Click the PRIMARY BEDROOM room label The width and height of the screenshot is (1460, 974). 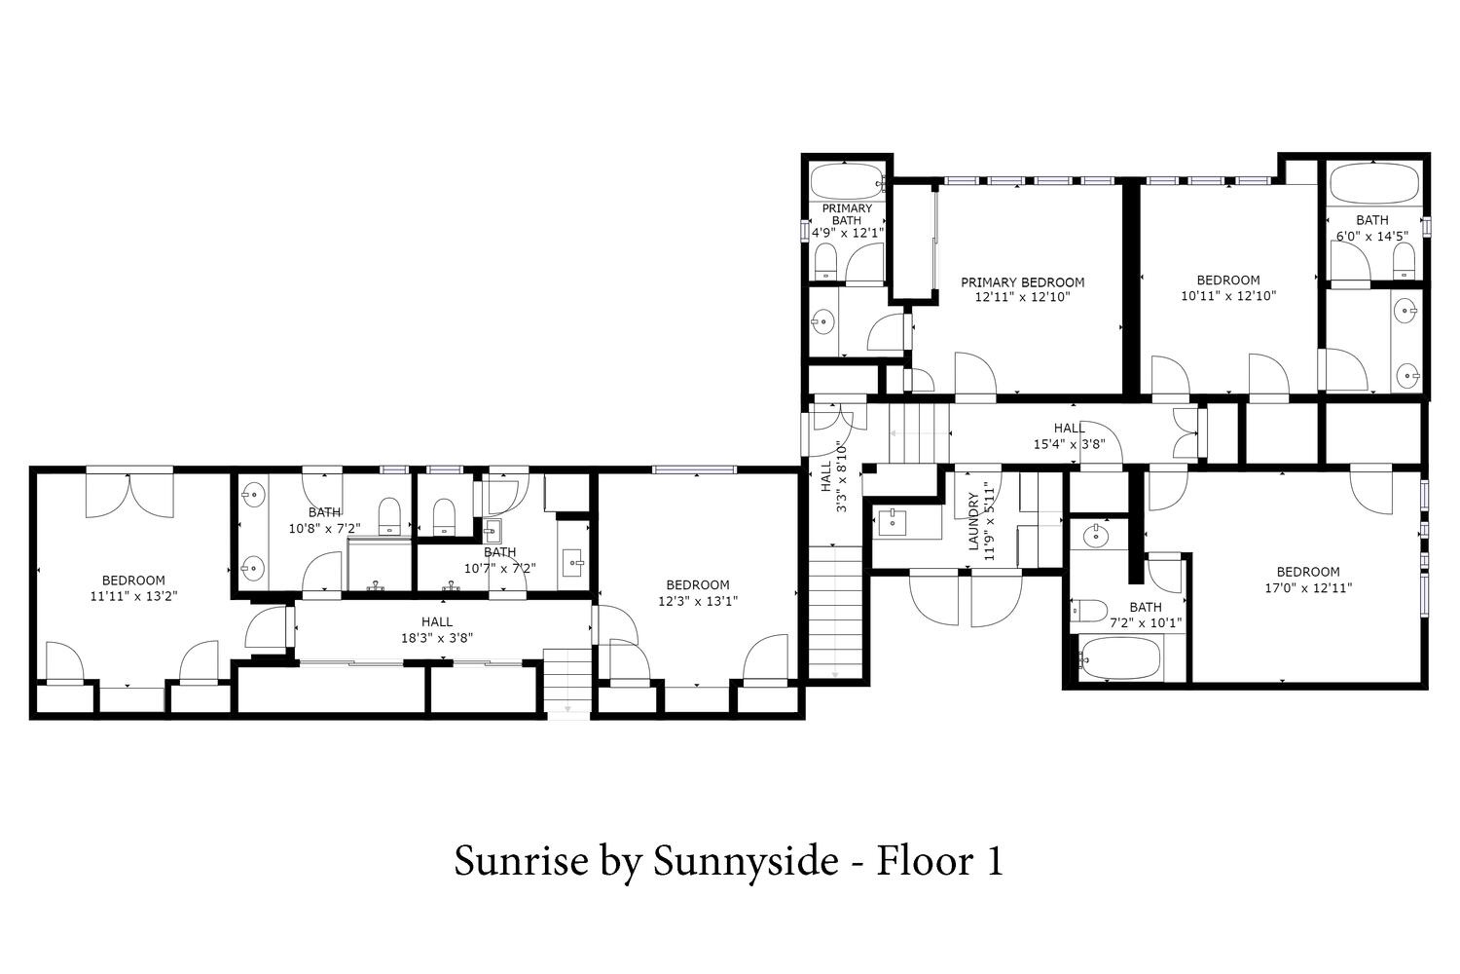click(1023, 282)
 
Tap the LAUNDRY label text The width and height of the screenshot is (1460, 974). click(973, 522)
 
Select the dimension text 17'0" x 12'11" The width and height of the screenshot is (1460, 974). click(1308, 587)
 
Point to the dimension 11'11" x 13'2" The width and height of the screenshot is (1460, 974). click(133, 596)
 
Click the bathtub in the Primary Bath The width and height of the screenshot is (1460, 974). click(847, 182)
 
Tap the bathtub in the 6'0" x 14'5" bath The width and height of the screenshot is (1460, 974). click(1374, 183)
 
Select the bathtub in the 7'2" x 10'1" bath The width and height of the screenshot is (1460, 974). click(1119, 658)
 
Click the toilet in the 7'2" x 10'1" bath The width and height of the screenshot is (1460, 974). click(1088, 611)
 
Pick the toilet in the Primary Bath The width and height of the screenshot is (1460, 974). click(826, 262)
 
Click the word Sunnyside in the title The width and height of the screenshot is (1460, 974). click(746, 862)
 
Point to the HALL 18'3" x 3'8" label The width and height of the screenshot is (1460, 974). click(437, 629)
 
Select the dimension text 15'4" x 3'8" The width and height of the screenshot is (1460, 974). click(1069, 444)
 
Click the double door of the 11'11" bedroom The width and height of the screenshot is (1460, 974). click(130, 496)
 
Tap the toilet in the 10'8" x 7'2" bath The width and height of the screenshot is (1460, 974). click(389, 516)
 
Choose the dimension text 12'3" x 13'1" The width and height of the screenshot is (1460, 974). click(698, 601)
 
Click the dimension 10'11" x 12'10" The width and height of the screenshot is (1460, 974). click(1228, 295)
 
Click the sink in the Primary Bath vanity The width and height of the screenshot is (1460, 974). click(823, 321)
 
